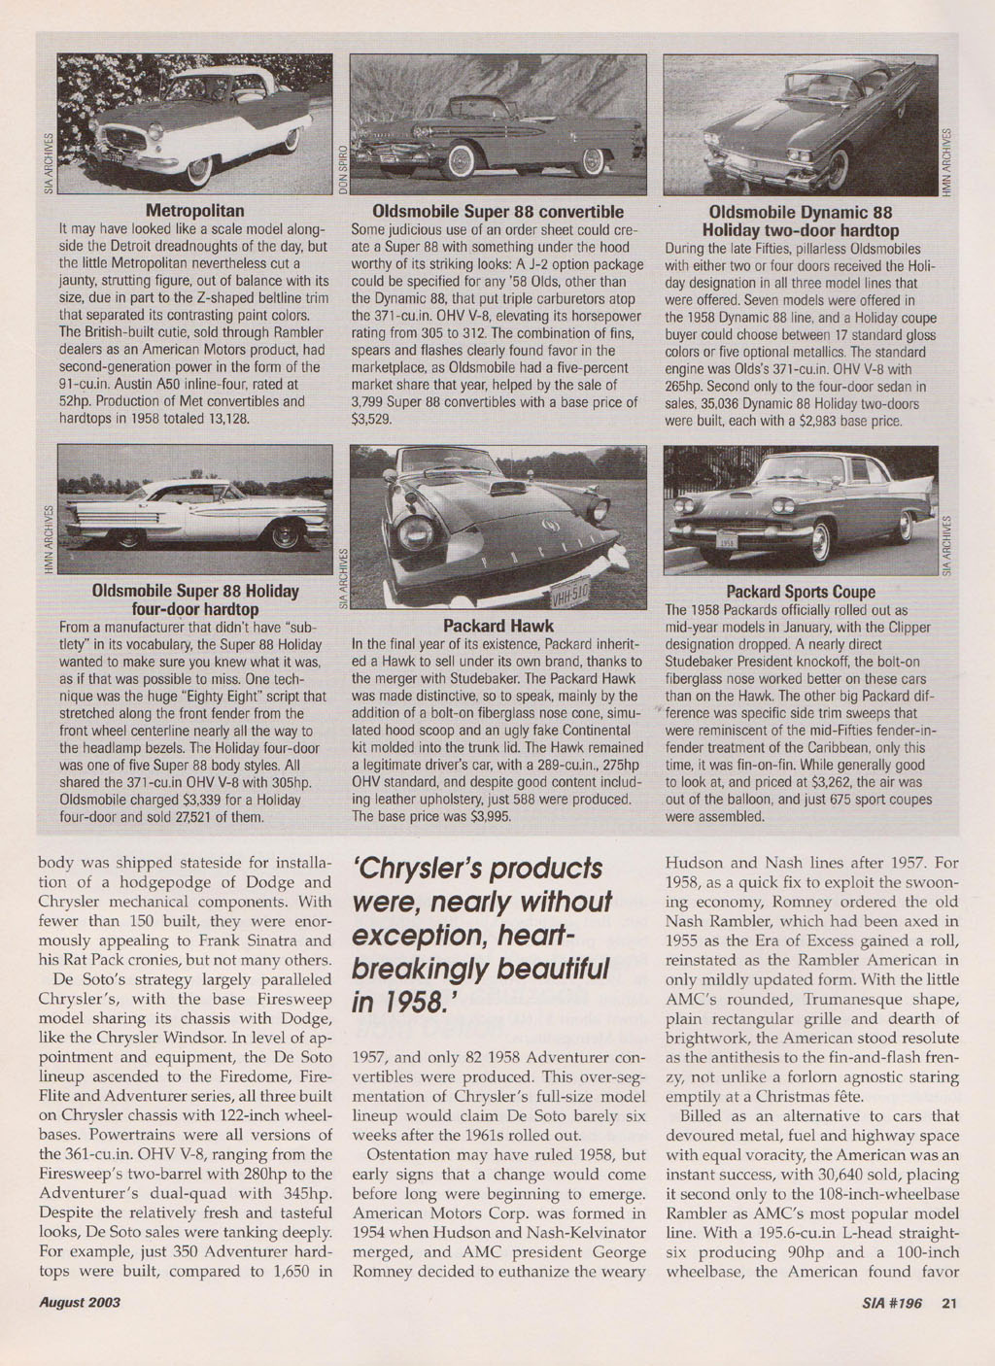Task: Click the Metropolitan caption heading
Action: pos(194,211)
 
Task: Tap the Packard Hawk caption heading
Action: pos(497,626)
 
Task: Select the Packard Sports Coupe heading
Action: pos(801,592)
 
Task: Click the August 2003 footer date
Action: pos(80,1303)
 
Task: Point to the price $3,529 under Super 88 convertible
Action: pos(370,421)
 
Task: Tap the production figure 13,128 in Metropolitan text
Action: pos(223,419)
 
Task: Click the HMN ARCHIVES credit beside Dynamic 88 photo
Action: pos(948,162)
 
